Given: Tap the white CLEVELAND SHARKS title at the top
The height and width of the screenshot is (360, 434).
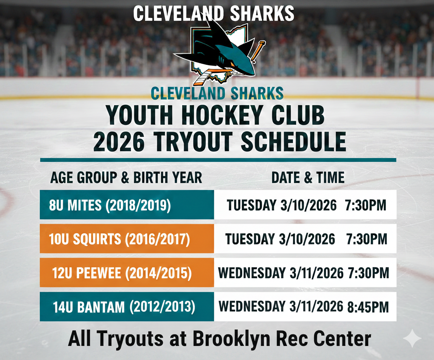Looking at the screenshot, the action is (x=214, y=13).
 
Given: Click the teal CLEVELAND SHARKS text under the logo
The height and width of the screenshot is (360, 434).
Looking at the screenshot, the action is (x=217, y=93).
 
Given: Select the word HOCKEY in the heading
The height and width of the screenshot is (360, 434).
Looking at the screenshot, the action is (x=222, y=115).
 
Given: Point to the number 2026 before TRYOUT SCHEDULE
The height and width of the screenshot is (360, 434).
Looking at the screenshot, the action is (x=119, y=142).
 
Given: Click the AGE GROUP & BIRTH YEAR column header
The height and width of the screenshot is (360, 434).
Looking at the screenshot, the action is (x=126, y=177).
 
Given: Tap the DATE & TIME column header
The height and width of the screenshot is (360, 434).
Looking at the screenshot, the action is (x=308, y=177).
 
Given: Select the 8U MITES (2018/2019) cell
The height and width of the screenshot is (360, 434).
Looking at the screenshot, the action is (x=127, y=204).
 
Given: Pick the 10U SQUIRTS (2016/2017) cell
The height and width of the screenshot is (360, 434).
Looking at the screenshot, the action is (x=127, y=239).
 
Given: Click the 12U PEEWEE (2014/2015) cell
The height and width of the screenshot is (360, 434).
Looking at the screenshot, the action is (x=127, y=273).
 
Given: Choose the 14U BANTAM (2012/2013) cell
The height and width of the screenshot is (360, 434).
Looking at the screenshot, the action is (x=127, y=306).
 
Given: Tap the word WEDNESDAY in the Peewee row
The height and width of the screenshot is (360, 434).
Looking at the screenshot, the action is (x=252, y=273).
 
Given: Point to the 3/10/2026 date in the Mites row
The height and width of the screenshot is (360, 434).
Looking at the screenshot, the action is (x=308, y=205).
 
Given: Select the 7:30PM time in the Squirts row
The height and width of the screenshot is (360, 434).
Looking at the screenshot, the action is (x=367, y=239).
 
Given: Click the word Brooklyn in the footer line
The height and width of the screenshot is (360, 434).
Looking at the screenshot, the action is (x=232, y=339).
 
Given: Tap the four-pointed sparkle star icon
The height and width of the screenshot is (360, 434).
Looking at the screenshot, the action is (x=412, y=338).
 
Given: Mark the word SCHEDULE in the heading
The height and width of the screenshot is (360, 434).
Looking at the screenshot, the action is (x=293, y=142).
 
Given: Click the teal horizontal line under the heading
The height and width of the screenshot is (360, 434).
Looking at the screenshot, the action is (x=218, y=160).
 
